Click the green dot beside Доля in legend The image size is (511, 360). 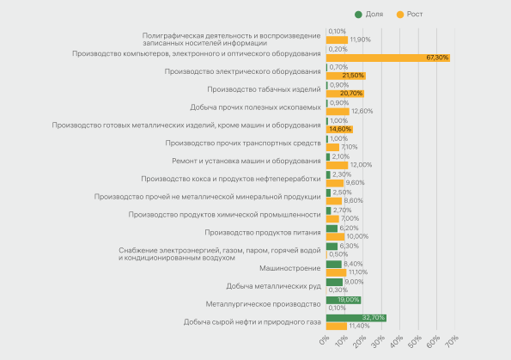click(x=358, y=15)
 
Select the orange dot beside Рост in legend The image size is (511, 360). click(x=400, y=15)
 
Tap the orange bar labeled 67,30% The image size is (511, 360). click(x=388, y=58)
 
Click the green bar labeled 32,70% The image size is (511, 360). click(x=356, y=318)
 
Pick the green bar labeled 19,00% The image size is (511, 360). click(x=344, y=300)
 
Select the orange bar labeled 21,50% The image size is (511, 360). click(x=346, y=76)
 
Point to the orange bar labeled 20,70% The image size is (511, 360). click(x=345, y=94)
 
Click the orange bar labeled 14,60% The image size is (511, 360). click(x=339, y=129)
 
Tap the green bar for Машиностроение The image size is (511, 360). click(x=334, y=264)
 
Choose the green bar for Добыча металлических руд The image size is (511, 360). click(x=334, y=282)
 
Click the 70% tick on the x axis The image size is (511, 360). click(x=453, y=341)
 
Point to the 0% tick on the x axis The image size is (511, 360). click(x=325, y=340)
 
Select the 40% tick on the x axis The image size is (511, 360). click(x=397, y=341)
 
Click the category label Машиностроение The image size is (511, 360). click(x=290, y=268)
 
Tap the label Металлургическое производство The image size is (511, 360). click(x=263, y=304)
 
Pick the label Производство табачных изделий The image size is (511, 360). click(x=264, y=89)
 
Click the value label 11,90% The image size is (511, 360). click(x=361, y=40)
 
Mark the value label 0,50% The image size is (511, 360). click(x=338, y=254)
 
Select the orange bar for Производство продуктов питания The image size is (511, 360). click(x=335, y=236)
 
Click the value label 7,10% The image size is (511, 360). click(x=350, y=147)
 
